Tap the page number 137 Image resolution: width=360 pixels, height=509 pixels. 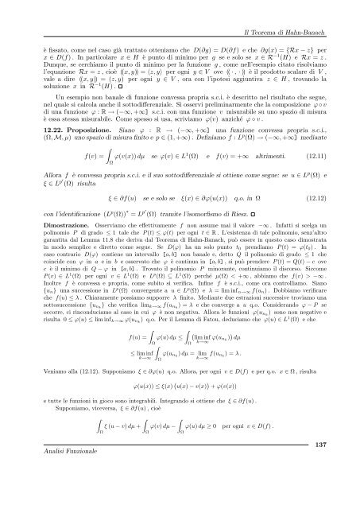[339, 488]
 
